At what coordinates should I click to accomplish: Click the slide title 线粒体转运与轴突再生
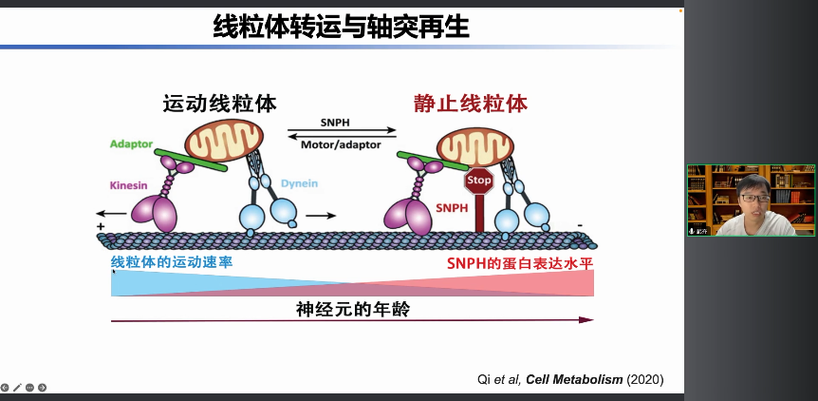click(341, 27)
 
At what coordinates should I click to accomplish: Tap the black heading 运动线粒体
click(220, 104)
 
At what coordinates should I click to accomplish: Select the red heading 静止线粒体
click(471, 104)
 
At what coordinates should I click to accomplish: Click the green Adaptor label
click(131, 143)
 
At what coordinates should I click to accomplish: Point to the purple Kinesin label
click(129, 185)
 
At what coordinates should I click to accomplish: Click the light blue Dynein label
click(299, 183)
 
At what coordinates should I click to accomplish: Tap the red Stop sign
click(479, 180)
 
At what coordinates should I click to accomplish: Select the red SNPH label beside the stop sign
click(452, 207)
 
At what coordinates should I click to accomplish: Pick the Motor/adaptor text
click(341, 145)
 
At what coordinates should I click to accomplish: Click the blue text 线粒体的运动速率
click(172, 261)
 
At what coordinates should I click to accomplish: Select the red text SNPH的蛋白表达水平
click(519, 261)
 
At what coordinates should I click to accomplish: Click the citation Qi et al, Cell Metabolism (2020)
click(569, 379)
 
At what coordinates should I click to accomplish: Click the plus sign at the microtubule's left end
click(100, 228)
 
